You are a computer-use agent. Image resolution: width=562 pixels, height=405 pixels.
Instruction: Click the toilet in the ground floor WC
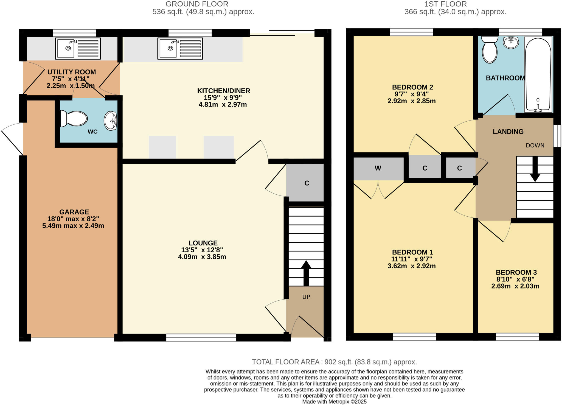click(74, 119)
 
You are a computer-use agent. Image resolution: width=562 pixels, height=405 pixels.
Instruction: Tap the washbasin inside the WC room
click(110, 121)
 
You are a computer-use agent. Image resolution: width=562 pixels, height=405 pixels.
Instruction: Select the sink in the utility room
click(78, 48)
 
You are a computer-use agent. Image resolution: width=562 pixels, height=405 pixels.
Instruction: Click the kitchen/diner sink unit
click(180, 49)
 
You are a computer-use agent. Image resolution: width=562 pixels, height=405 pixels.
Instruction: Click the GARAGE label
click(74, 212)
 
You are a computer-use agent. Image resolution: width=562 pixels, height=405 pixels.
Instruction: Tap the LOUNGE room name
click(203, 243)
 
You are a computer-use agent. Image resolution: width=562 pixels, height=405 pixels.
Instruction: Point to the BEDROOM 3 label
click(516, 272)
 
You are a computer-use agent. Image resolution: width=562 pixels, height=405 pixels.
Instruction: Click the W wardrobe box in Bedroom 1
click(378, 168)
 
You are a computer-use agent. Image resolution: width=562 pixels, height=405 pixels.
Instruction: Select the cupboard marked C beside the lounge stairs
click(306, 183)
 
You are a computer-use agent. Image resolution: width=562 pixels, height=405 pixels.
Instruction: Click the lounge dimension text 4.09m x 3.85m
click(202, 257)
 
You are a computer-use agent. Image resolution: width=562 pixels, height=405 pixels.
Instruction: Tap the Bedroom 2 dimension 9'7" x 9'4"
click(412, 94)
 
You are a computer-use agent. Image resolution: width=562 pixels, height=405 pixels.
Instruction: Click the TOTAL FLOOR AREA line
click(334, 362)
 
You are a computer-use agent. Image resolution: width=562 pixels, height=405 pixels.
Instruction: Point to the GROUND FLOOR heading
click(197, 4)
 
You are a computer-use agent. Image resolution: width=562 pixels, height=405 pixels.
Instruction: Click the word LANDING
click(508, 132)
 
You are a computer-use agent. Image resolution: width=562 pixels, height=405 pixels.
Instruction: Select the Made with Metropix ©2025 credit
click(334, 402)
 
